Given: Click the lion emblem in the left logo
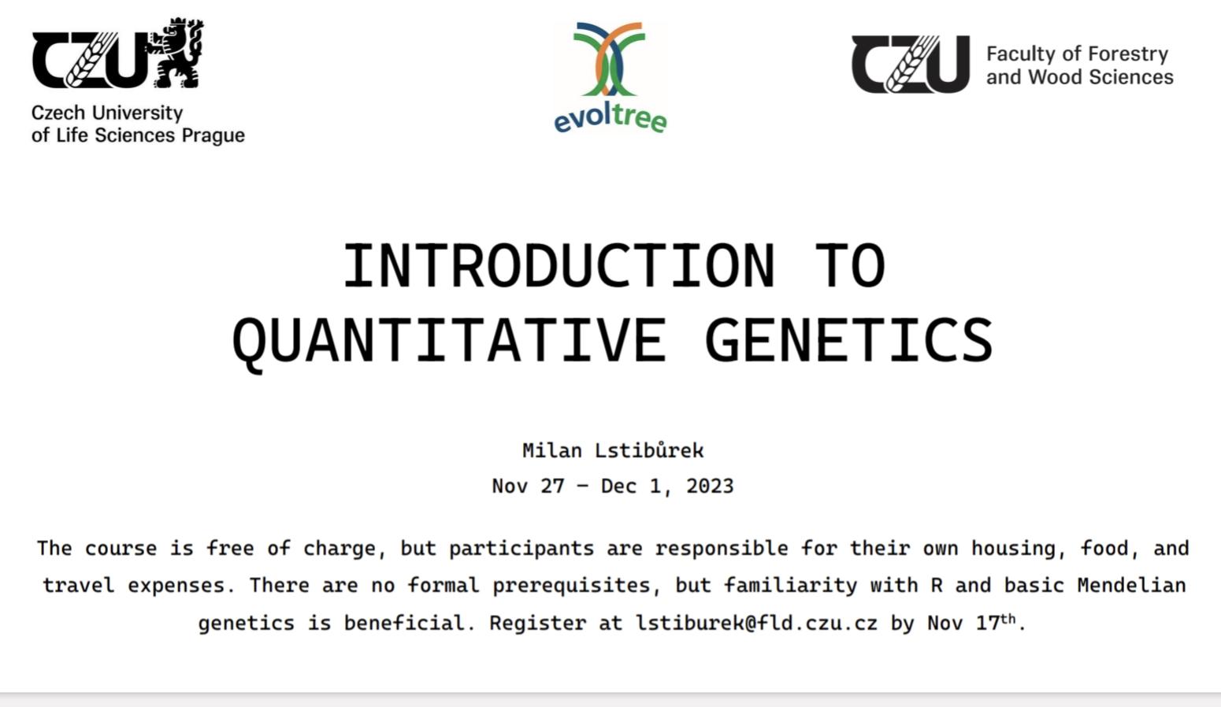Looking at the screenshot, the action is tap(175, 53).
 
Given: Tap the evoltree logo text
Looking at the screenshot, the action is tap(610, 118).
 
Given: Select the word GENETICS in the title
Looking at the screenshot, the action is tap(848, 340).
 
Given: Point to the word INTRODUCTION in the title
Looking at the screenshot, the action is tap(559, 265).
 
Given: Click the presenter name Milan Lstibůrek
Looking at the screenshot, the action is tap(613, 450).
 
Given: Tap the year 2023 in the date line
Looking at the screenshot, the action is tap(710, 486).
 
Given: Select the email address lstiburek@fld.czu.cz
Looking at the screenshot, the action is tap(756, 622).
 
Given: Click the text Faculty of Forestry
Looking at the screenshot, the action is tap(1077, 54).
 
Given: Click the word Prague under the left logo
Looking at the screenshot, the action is tap(213, 135).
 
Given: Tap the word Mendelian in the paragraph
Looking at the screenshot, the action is tap(1131, 585).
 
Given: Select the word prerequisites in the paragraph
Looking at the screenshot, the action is tap(572, 586).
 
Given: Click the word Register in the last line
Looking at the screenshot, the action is tap(537, 623).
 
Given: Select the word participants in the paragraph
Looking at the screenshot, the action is tap(521, 549).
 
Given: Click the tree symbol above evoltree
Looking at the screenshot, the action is tap(610, 59).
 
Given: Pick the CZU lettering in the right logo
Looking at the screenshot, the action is tap(911, 65).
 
